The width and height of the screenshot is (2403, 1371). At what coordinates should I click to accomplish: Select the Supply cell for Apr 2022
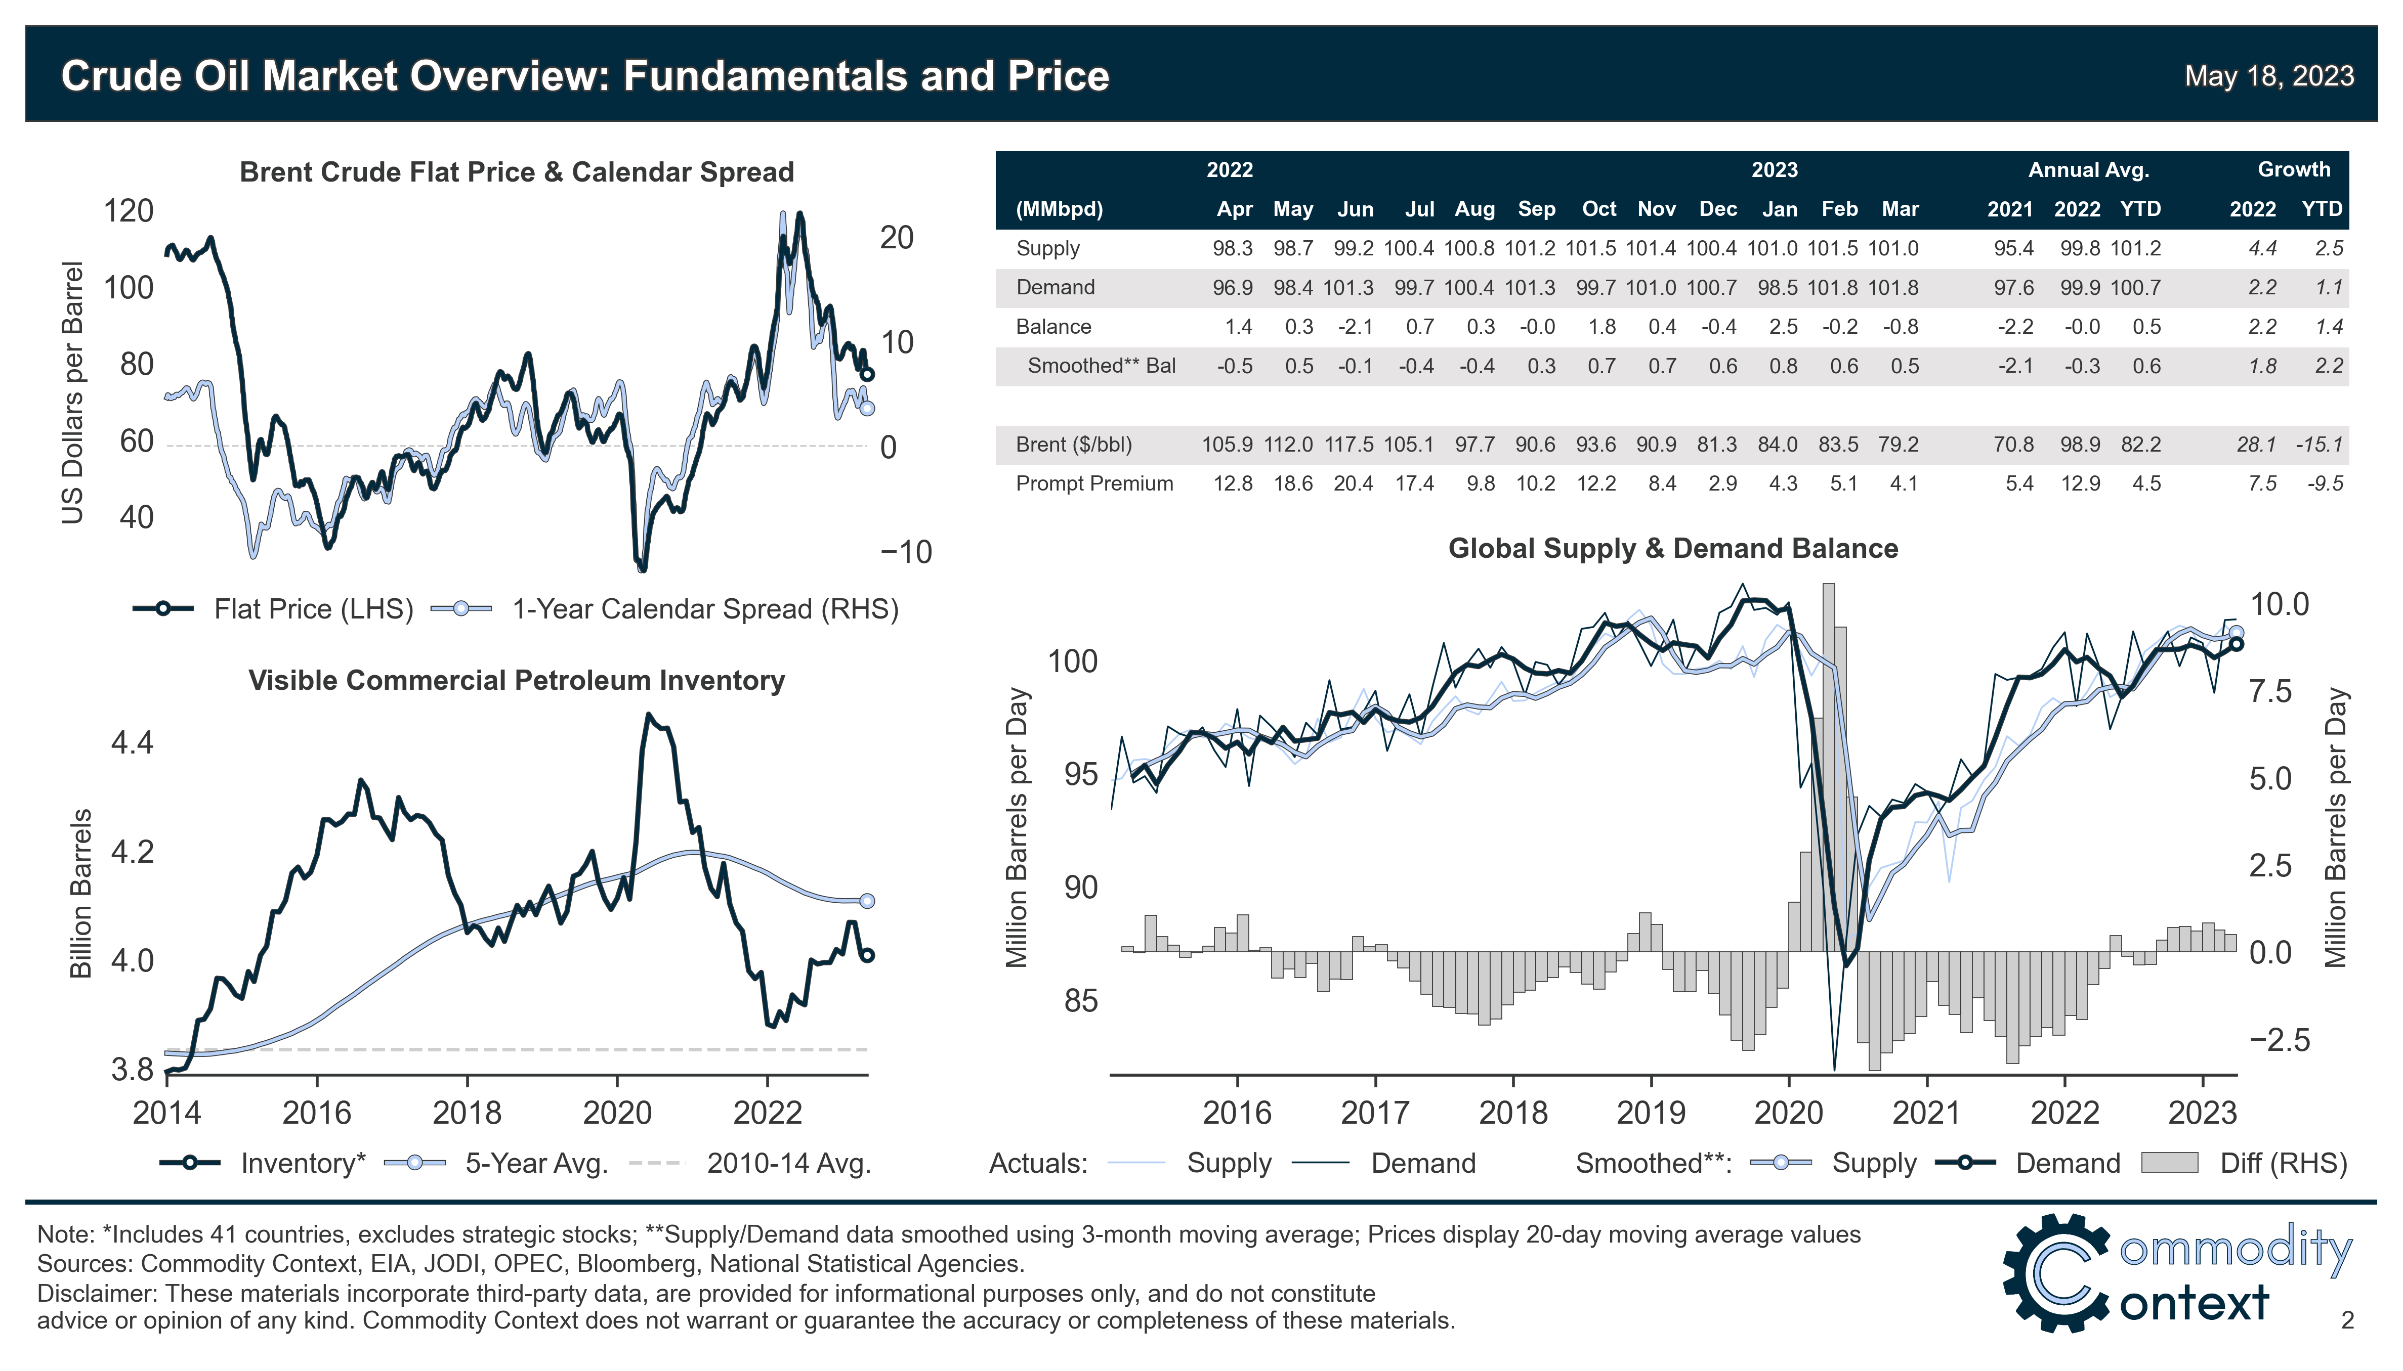(x=1232, y=249)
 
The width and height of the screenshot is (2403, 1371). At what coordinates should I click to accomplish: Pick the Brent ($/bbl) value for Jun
(x=1353, y=445)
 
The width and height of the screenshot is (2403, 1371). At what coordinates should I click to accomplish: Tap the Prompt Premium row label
(x=1093, y=484)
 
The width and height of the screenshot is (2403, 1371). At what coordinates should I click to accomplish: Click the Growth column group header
(x=2293, y=169)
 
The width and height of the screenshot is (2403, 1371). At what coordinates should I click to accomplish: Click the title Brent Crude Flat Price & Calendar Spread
(x=516, y=172)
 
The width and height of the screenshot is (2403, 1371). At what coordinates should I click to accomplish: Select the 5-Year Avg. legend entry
(x=535, y=1164)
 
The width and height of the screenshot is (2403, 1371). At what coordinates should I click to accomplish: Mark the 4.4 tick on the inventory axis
(x=132, y=743)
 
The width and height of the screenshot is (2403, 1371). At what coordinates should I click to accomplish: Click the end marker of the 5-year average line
(x=868, y=901)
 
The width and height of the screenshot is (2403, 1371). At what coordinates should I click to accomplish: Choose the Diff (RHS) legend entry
(x=2282, y=1164)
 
